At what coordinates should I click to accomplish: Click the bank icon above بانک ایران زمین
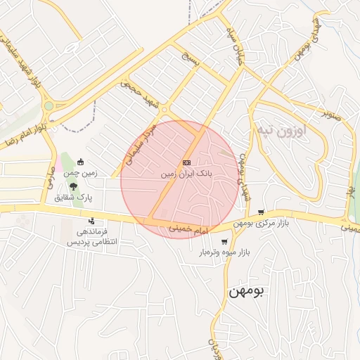(186, 162)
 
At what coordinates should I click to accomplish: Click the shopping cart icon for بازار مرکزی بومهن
(262, 212)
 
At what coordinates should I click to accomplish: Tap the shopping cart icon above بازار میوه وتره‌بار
(224, 242)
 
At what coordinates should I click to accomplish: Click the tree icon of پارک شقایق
(74, 187)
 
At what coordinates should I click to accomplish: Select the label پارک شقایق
(74, 198)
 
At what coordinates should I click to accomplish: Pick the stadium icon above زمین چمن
(80, 162)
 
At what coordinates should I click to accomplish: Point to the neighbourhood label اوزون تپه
(281, 131)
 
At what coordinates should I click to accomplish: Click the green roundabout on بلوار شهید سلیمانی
(49, 106)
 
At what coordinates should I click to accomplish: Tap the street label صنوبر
(332, 115)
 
